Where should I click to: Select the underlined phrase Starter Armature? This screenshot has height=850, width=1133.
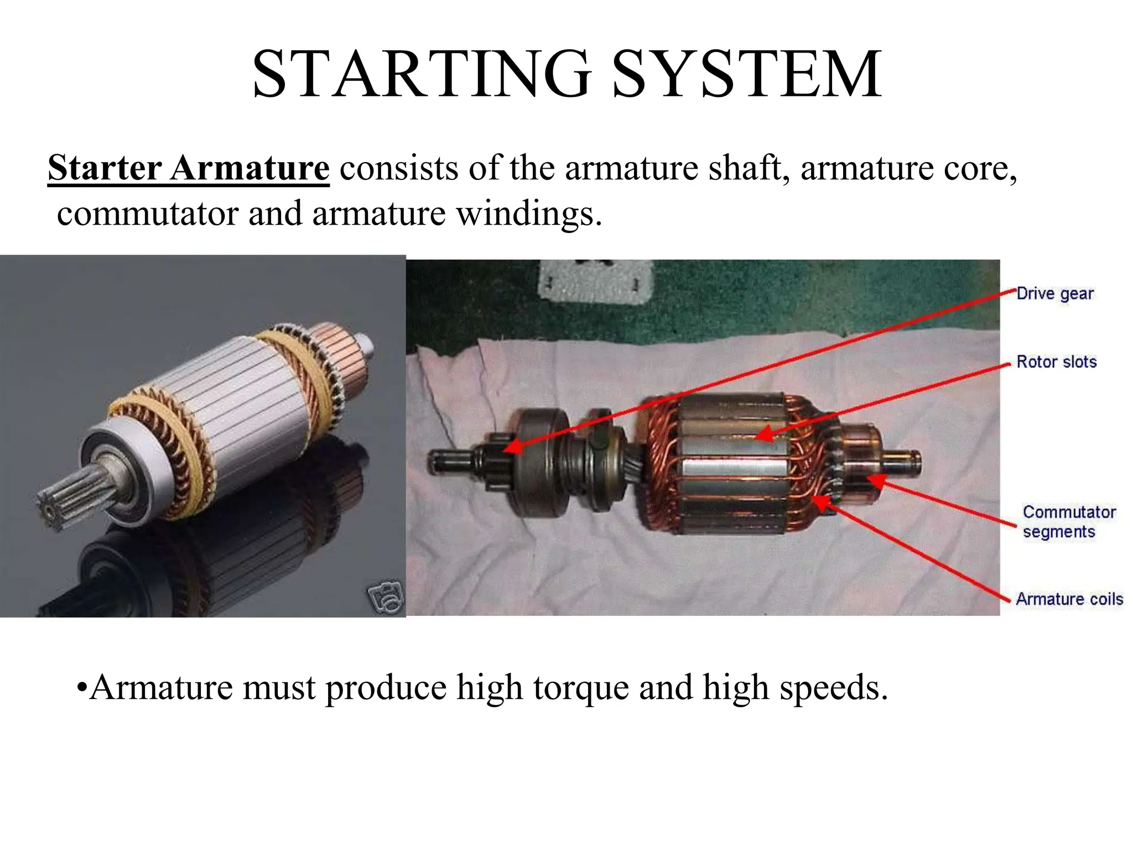click(x=189, y=167)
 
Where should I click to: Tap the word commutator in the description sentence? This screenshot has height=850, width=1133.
click(x=147, y=214)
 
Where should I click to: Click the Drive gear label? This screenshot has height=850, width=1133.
click(x=1055, y=293)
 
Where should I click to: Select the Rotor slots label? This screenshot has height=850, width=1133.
click(x=1057, y=362)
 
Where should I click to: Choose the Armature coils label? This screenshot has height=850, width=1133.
click(x=1069, y=599)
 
